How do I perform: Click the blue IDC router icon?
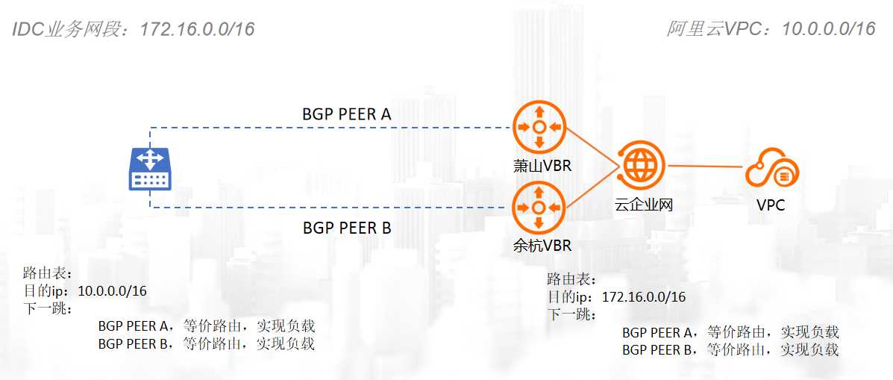click(x=151, y=169)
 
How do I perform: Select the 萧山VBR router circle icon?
click(x=539, y=128)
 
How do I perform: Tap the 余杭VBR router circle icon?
click(x=539, y=206)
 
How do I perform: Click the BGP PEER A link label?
click(x=347, y=114)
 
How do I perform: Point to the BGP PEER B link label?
click(x=347, y=228)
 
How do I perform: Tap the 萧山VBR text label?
click(x=542, y=166)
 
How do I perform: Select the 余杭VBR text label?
click(x=542, y=245)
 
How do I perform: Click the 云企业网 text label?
click(x=643, y=205)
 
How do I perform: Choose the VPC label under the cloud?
click(x=771, y=205)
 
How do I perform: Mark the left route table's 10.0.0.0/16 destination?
click(x=113, y=291)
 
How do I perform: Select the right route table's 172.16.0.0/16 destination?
click(x=643, y=297)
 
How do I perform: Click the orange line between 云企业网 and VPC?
click(x=705, y=166)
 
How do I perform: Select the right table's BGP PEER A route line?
click(x=730, y=332)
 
